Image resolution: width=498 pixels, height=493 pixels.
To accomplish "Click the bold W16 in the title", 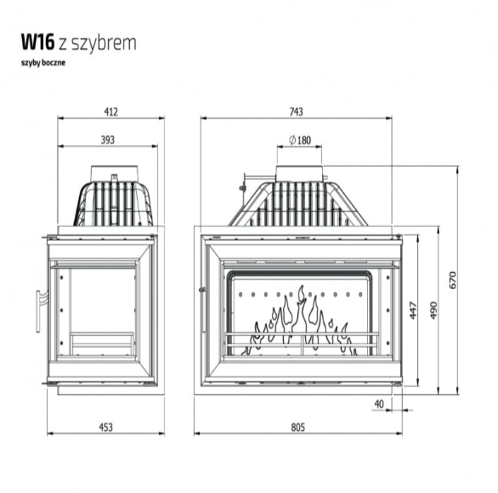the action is (x=37, y=42).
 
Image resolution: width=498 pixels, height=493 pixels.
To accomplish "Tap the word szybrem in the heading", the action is (x=104, y=42).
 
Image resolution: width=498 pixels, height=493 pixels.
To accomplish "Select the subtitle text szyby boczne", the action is (x=43, y=63).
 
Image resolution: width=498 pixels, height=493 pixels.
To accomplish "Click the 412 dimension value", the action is (x=110, y=112).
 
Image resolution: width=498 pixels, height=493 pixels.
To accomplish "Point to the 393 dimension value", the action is (x=108, y=139).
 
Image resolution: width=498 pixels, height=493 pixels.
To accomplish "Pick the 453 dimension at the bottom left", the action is (x=105, y=428).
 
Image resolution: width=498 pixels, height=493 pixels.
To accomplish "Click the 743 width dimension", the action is (x=296, y=112).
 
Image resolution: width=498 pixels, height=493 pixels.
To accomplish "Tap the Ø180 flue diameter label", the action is (x=300, y=139).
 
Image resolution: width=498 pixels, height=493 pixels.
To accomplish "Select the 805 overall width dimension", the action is (x=297, y=428).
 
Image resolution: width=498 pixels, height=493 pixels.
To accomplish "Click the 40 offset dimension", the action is (x=379, y=404).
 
